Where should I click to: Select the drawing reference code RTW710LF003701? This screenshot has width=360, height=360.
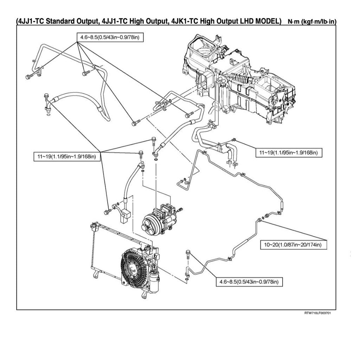click(x=317, y=313)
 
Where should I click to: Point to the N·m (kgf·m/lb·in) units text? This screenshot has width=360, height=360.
click(x=311, y=22)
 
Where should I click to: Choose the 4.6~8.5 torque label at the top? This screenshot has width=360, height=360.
click(x=110, y=37)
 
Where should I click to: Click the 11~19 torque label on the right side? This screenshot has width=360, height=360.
click(x=288, y=153)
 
